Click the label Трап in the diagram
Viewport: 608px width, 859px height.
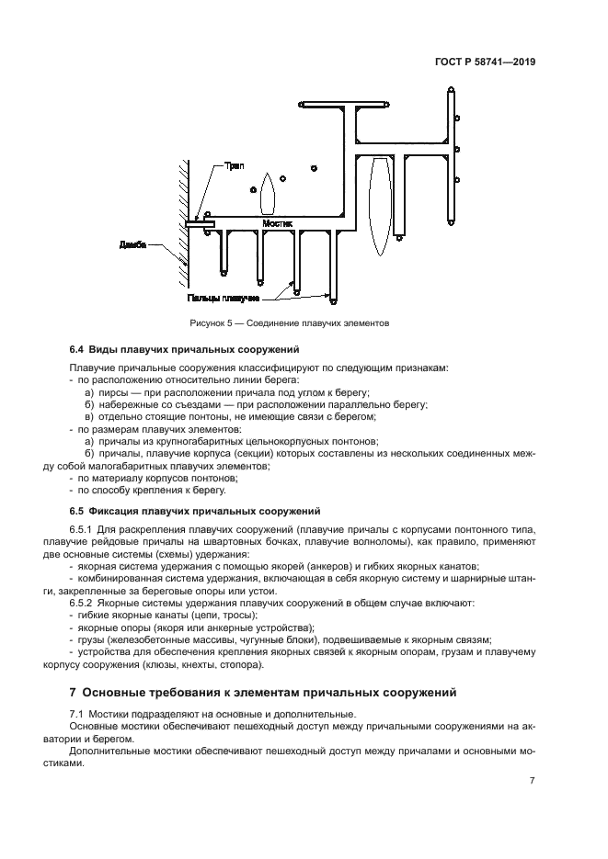point(235,166)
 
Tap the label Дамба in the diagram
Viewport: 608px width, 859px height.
point(133,245)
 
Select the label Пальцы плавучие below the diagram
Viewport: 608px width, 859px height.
point(222,298)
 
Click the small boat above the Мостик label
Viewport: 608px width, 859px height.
point(268,194)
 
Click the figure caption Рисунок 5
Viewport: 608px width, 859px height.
point(290,323)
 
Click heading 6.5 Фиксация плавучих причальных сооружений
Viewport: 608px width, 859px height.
point(194,510)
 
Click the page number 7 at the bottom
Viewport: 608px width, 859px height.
point(532,781)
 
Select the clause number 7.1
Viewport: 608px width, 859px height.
point(77,714)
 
